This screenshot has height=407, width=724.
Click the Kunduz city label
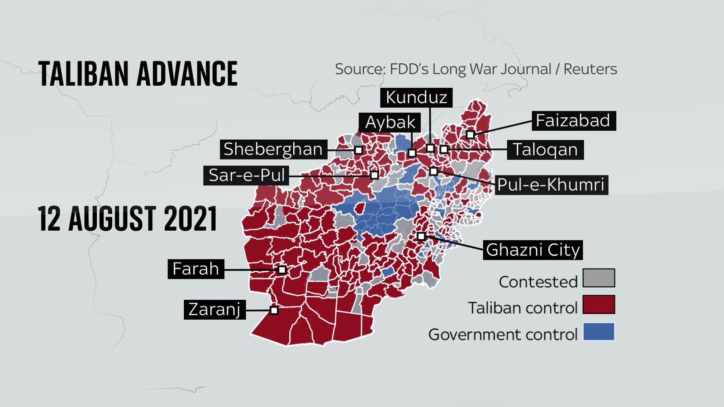(416, 97)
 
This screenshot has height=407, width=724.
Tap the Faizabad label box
(573, 121)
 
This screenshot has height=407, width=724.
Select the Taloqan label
(545, 150)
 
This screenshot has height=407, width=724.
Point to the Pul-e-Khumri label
(551, 185)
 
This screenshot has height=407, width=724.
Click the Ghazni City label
(533, 250)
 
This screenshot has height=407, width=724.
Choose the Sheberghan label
(273, 149)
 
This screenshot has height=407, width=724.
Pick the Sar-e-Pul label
(247, 175)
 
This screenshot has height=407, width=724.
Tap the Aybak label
(390, 122)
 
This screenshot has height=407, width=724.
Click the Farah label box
(195, 269)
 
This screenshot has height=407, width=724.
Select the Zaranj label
(214, 309)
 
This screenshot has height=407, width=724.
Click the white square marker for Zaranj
(274, 310)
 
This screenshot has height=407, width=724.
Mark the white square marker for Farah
(282, 270)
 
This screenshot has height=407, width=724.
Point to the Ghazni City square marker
(421, 236)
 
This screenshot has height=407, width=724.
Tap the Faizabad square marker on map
(471, 134)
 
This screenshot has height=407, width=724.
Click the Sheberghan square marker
(358, 150)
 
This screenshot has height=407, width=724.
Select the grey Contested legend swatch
(599, 278)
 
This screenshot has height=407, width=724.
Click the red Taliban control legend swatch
(599, 305)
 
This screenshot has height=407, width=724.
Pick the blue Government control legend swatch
(599, 331)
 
